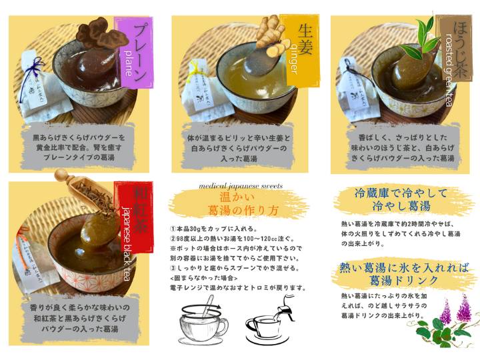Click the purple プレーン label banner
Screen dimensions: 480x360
[133, 53]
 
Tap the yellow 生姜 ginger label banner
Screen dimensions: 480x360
[299, 50]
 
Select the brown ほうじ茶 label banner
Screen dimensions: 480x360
[454, 49]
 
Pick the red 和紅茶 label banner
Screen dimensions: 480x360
[133, 217]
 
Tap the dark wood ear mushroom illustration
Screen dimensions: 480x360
[101, 34]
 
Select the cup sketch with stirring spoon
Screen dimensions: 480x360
[203, 320]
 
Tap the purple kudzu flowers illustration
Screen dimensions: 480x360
[455, 309]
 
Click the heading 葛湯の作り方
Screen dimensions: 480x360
[243, 210]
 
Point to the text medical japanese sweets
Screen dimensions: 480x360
[241, 186]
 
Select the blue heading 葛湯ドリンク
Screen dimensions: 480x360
[404, 281]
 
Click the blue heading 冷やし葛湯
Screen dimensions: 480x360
[401, 206]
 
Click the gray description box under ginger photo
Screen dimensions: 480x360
[239, 147]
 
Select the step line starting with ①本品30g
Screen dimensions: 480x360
[214, 229]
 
